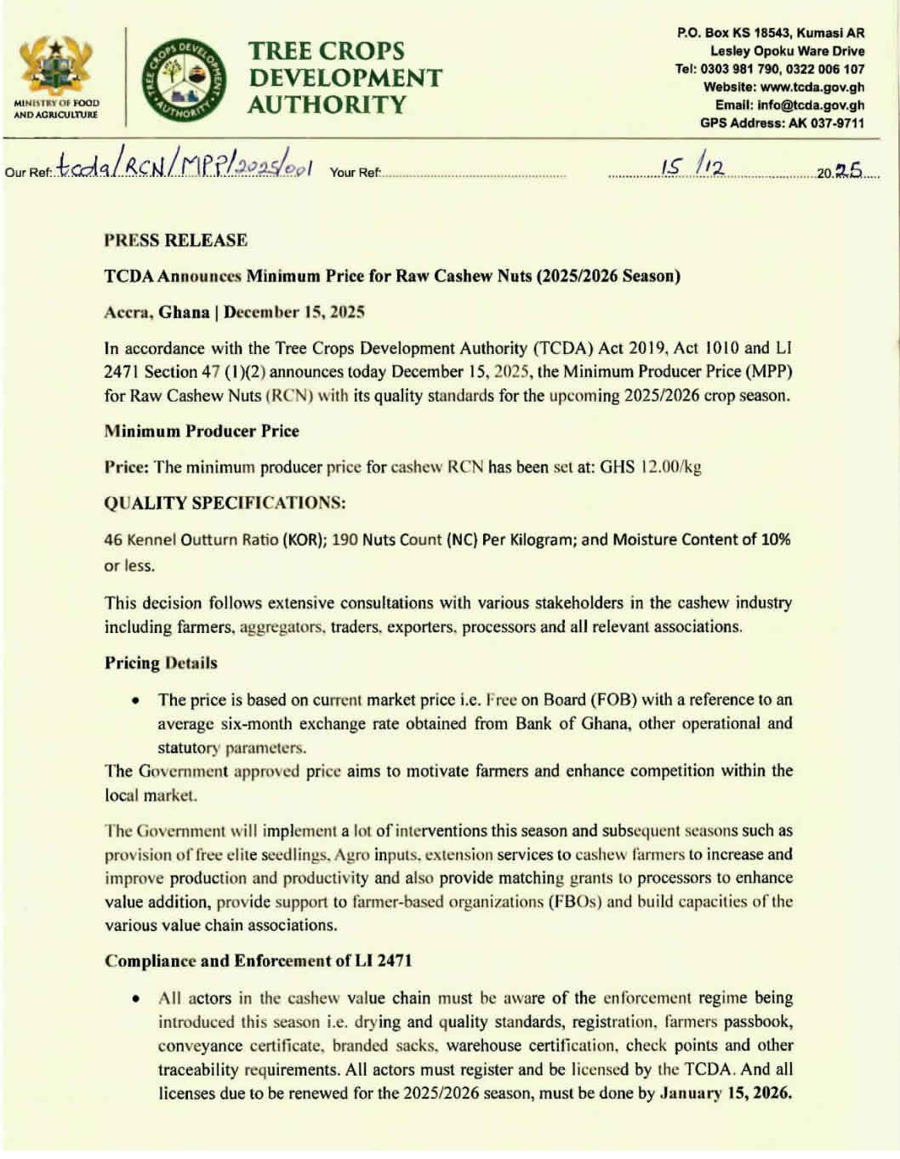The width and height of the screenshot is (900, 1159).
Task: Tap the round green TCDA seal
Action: point(184,78)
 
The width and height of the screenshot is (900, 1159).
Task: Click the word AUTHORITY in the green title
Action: point(328,106)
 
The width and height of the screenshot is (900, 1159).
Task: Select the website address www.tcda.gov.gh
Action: point(812,87)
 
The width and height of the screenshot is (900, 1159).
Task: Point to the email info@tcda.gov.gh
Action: point(812,106)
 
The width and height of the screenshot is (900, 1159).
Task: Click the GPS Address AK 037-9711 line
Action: point(782,123)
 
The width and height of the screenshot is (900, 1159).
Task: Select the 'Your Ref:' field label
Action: point(355,173)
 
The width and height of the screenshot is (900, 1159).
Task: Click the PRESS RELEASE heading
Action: point(175,240)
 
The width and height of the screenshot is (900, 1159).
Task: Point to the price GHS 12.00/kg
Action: point(651,467)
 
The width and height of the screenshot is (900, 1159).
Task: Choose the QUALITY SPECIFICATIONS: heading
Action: point(225,503)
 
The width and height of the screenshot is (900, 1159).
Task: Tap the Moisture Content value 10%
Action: point(773,540)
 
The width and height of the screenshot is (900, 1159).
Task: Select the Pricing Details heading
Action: point(161,663)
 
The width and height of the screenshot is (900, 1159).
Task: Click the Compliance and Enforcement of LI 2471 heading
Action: point(259,961)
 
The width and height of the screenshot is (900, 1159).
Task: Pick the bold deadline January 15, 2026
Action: point(726,1093)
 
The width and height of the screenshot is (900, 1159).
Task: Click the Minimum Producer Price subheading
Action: point(202,431)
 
